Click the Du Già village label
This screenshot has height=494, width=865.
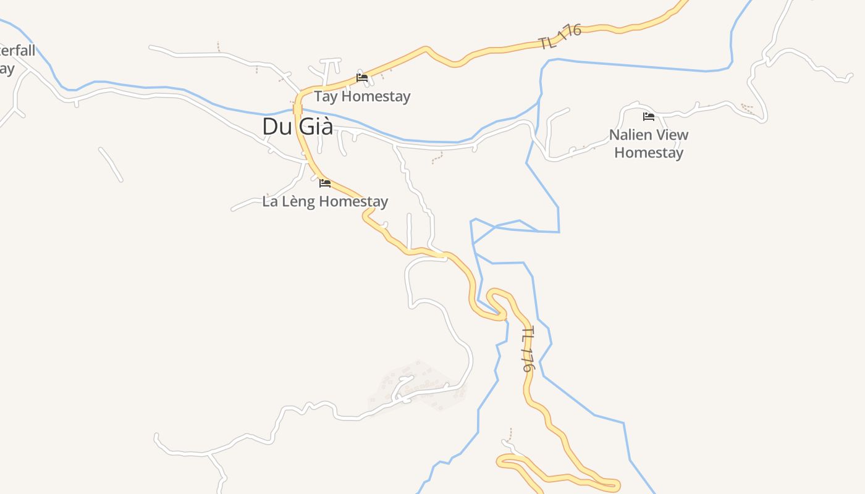point(297,127)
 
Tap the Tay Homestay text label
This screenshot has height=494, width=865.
point(362,97)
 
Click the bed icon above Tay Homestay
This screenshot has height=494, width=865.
point(362,78)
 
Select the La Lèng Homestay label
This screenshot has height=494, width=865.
point(325,202)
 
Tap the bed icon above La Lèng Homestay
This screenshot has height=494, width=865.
point(325,183)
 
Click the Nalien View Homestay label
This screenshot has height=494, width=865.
point(649,144)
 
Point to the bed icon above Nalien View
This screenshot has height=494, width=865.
point(649,117)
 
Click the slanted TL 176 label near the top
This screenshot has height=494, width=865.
point(560,37)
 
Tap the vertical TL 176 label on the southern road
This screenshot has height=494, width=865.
point(526,350)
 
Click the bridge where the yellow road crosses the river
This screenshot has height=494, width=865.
point(298,110)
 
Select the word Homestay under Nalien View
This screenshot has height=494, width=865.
point(649,153)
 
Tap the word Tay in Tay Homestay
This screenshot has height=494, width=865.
point(326,97)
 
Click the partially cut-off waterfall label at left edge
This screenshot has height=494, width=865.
point(15,59)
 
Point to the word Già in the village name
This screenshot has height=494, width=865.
point(315,127)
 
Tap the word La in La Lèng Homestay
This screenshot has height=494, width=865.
point(270,202)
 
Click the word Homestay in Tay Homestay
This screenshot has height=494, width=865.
point(376,97)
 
